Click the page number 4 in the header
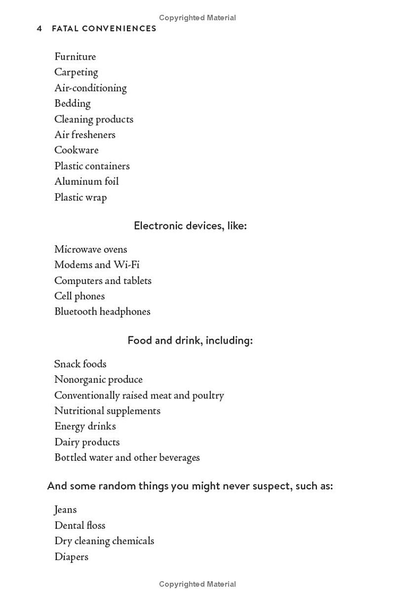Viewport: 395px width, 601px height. pos(39,29)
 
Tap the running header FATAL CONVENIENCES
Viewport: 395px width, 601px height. pos(104,29)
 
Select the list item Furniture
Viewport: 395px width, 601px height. pos(75,57)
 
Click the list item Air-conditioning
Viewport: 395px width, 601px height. pos(90,88)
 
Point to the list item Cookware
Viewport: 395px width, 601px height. pos(77,150)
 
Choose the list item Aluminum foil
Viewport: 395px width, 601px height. pos(86,181)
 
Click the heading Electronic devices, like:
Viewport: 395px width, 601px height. pos(190,226)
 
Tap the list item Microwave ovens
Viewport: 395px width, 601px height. pos(90,249)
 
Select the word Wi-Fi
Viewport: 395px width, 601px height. pos(126,265)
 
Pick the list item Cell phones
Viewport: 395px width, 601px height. pos(79,296)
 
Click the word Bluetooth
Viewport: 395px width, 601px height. pos(76,312)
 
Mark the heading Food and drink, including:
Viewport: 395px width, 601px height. pos(190,340)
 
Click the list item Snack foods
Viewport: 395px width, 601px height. pos(80,364)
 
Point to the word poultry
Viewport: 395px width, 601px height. pos(208,396)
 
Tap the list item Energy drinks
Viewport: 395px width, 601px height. pos(85,426)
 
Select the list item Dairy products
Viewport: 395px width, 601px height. pos(87,442)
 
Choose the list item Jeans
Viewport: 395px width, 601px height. pos(66,510)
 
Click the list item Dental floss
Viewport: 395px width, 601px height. pos(80,525)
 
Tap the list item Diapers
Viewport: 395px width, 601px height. pos(71,557)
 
